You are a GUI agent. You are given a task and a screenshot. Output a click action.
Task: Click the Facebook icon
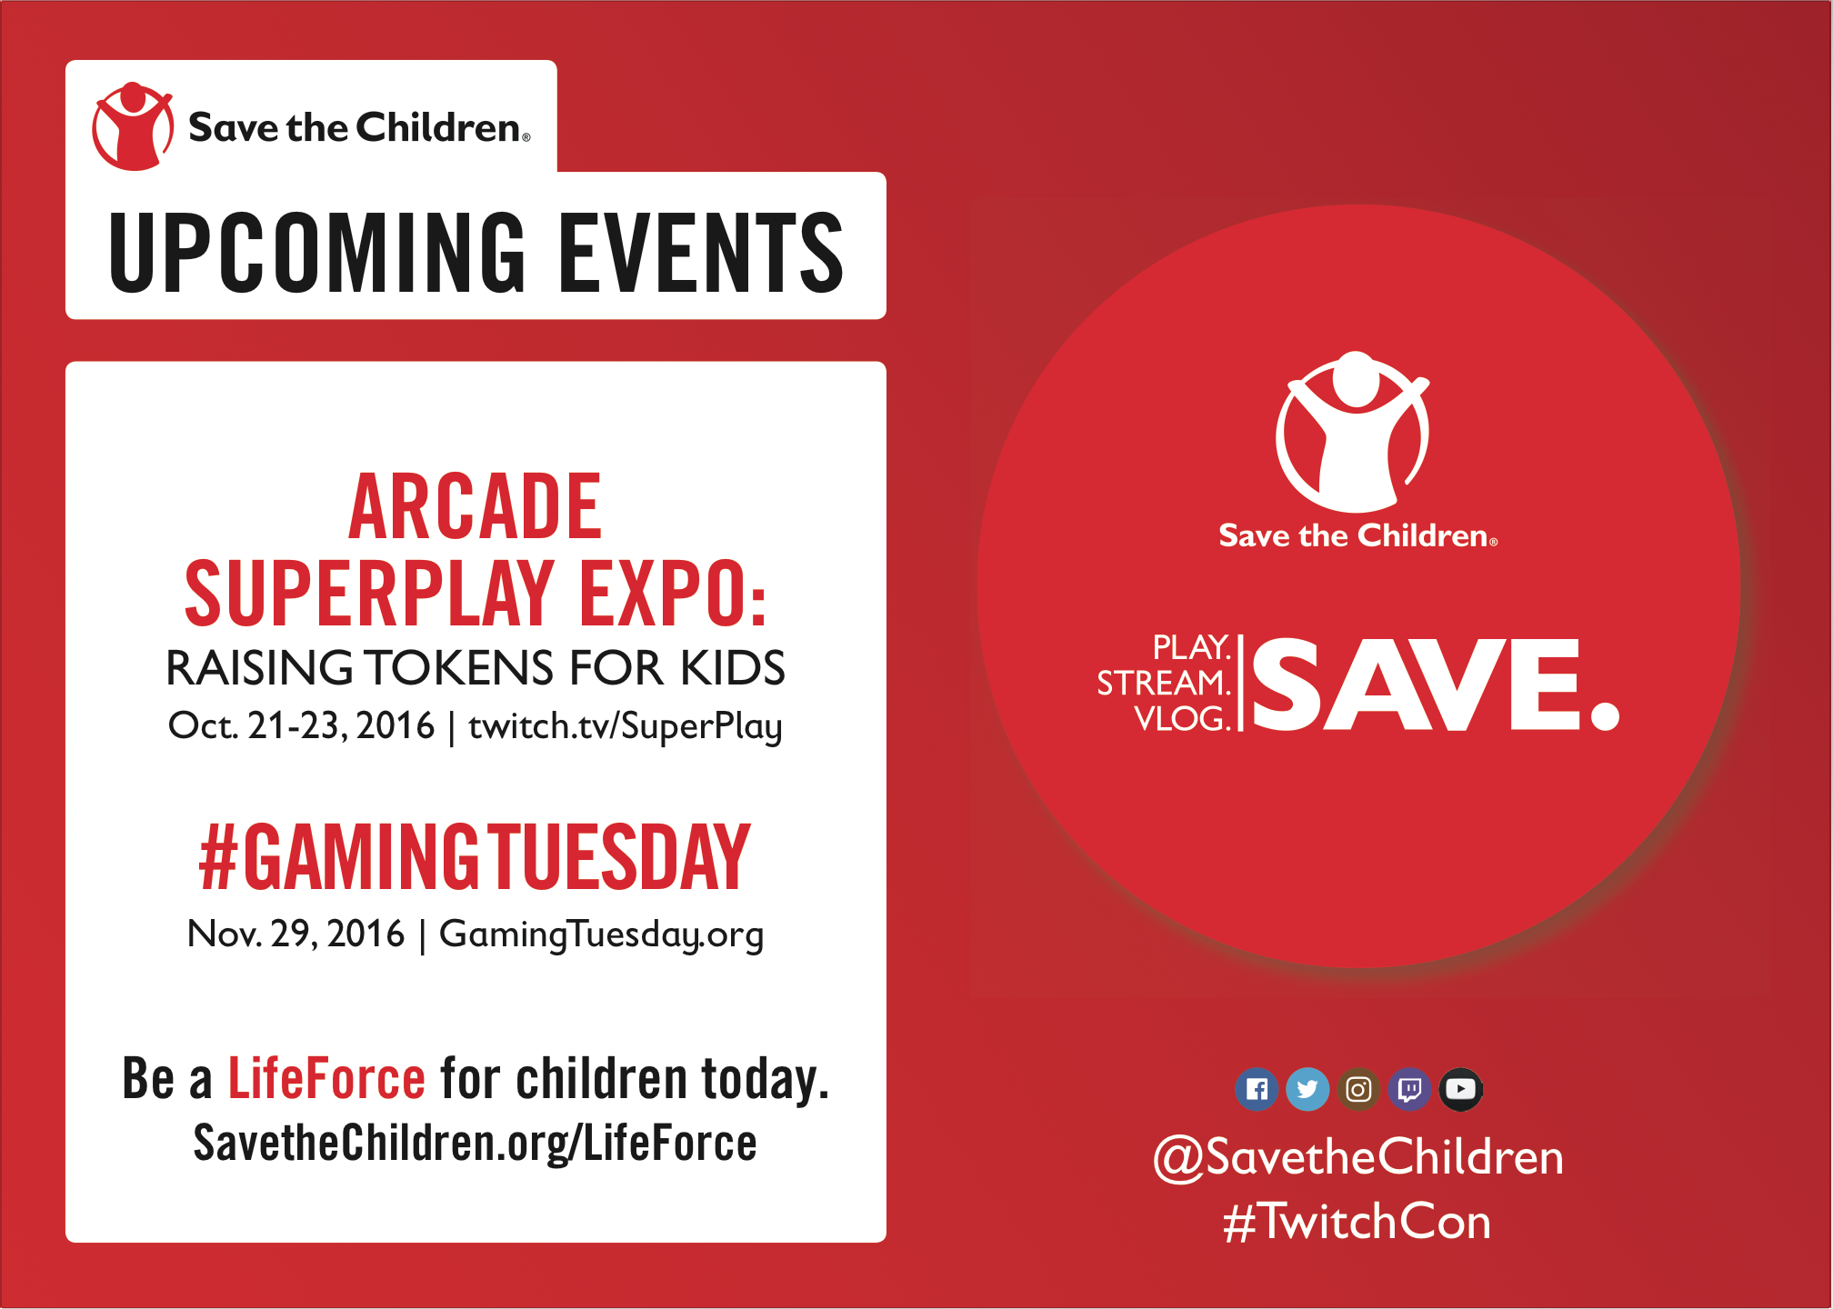pyautogui.click(x=1257, y=1089)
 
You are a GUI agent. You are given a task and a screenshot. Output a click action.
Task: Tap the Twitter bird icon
pyautogui.click(x=1307, y=1089)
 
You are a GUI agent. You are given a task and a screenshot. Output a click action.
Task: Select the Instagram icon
pyautogui.click(x=1358, y=1089)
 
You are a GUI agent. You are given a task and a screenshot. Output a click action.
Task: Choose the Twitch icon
pyautogui.click(x=1409, y=1089)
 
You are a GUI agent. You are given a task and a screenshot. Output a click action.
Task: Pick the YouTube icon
pyautogui.click(x=1460, y=1089)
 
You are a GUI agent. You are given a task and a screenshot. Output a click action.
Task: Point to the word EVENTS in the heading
pyautogui.click(x=701, y=253)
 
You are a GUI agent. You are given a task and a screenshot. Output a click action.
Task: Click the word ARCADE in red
pyautogui.click(x=475, y=506)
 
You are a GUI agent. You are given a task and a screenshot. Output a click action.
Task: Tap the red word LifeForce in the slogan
pyautogui.click(x=326, y=1079)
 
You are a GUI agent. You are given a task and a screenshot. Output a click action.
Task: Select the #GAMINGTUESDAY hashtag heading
pyautogui.click(x=475, y=856)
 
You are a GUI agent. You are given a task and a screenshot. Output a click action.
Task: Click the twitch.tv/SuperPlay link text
pyautogui.click(x=626, y=726)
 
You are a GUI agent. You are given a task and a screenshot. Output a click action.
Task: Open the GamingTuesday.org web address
pyautogui.click(x=601, y=934)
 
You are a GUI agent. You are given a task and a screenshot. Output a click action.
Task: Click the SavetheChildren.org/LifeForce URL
pyautogui.click(x=475, y=1144)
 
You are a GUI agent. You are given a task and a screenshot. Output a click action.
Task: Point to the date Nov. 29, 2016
pyautogui.click(x=295, y=934)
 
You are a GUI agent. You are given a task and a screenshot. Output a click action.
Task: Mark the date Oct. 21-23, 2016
pyautogui.click(x=302, y=725)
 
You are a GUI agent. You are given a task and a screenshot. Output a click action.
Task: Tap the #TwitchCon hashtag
pyautogui.click(x=1357, y=1221)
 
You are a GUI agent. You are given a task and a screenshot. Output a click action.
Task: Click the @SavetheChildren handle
pyautogui.click(x=1358, y=1158)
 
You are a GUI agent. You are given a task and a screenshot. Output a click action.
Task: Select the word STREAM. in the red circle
pyautogui.click(x=1164, y=683)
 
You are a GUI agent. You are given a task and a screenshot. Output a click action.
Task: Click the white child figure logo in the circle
pyautogui.click(x=1353, y=432)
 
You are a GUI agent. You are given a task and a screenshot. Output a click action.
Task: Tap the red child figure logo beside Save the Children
pyautogui.click(x=133, y=126)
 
